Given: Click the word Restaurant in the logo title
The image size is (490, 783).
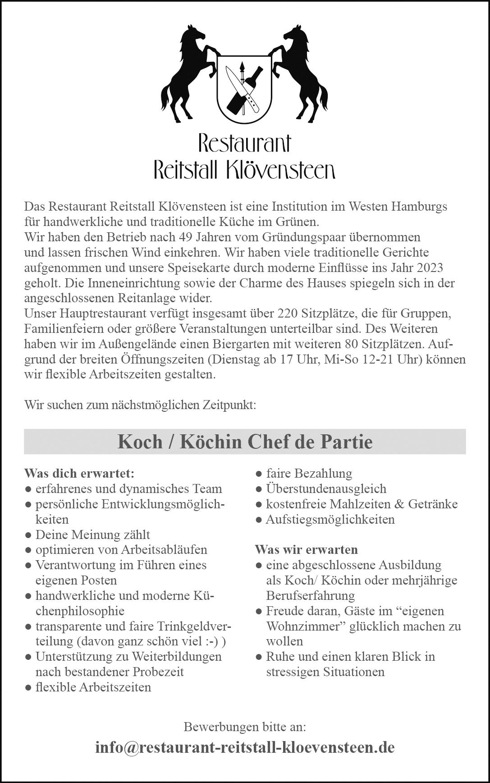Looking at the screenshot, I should pos(244,143).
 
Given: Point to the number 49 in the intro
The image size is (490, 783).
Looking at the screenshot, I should pos(186,237).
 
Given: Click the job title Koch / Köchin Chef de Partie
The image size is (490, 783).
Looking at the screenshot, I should pos(245,442).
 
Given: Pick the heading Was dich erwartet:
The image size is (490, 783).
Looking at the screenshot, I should pos(79,474).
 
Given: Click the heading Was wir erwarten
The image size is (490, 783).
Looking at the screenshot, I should pos(306,550).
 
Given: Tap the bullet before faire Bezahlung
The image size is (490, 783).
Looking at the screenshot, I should pos(259,474).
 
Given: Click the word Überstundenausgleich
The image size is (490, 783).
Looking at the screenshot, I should pos(326,489).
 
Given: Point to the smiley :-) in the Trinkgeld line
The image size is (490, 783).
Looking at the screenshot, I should pos(210,641).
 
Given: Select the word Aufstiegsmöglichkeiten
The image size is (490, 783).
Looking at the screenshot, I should pos(330,520).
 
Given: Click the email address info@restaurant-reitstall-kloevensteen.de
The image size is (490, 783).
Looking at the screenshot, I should pos(245,748).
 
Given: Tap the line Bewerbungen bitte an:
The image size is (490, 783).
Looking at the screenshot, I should pos(245,727).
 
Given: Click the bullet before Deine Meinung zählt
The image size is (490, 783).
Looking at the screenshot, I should pos(28,535).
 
